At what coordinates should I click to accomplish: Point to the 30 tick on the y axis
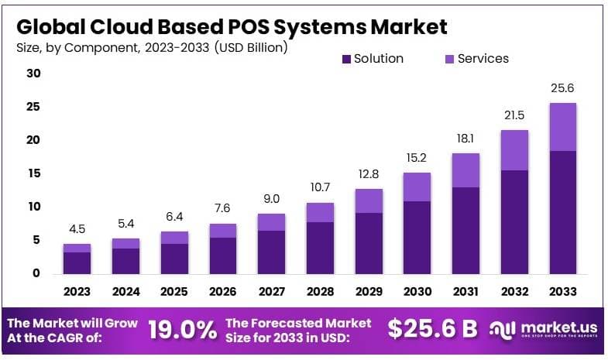[x=33, y=74]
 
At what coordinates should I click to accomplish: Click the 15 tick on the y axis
[x=33, y=173]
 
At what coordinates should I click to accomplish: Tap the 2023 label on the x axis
[x=77, y=292]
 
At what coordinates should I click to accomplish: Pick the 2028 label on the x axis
[x=320, y=292]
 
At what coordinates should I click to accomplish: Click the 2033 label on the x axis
[x=563, y=292]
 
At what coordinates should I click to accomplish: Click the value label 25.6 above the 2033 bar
[x=563, y=88]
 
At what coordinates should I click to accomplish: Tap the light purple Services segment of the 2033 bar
[x=563, y=126]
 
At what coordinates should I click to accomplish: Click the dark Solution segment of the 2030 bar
[x=417, y=237]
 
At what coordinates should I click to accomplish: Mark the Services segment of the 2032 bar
[x=514, y=149]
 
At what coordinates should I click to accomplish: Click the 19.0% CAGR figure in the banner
[x=182, y=330]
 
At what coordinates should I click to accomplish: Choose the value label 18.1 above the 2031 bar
[x=466, y=139]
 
